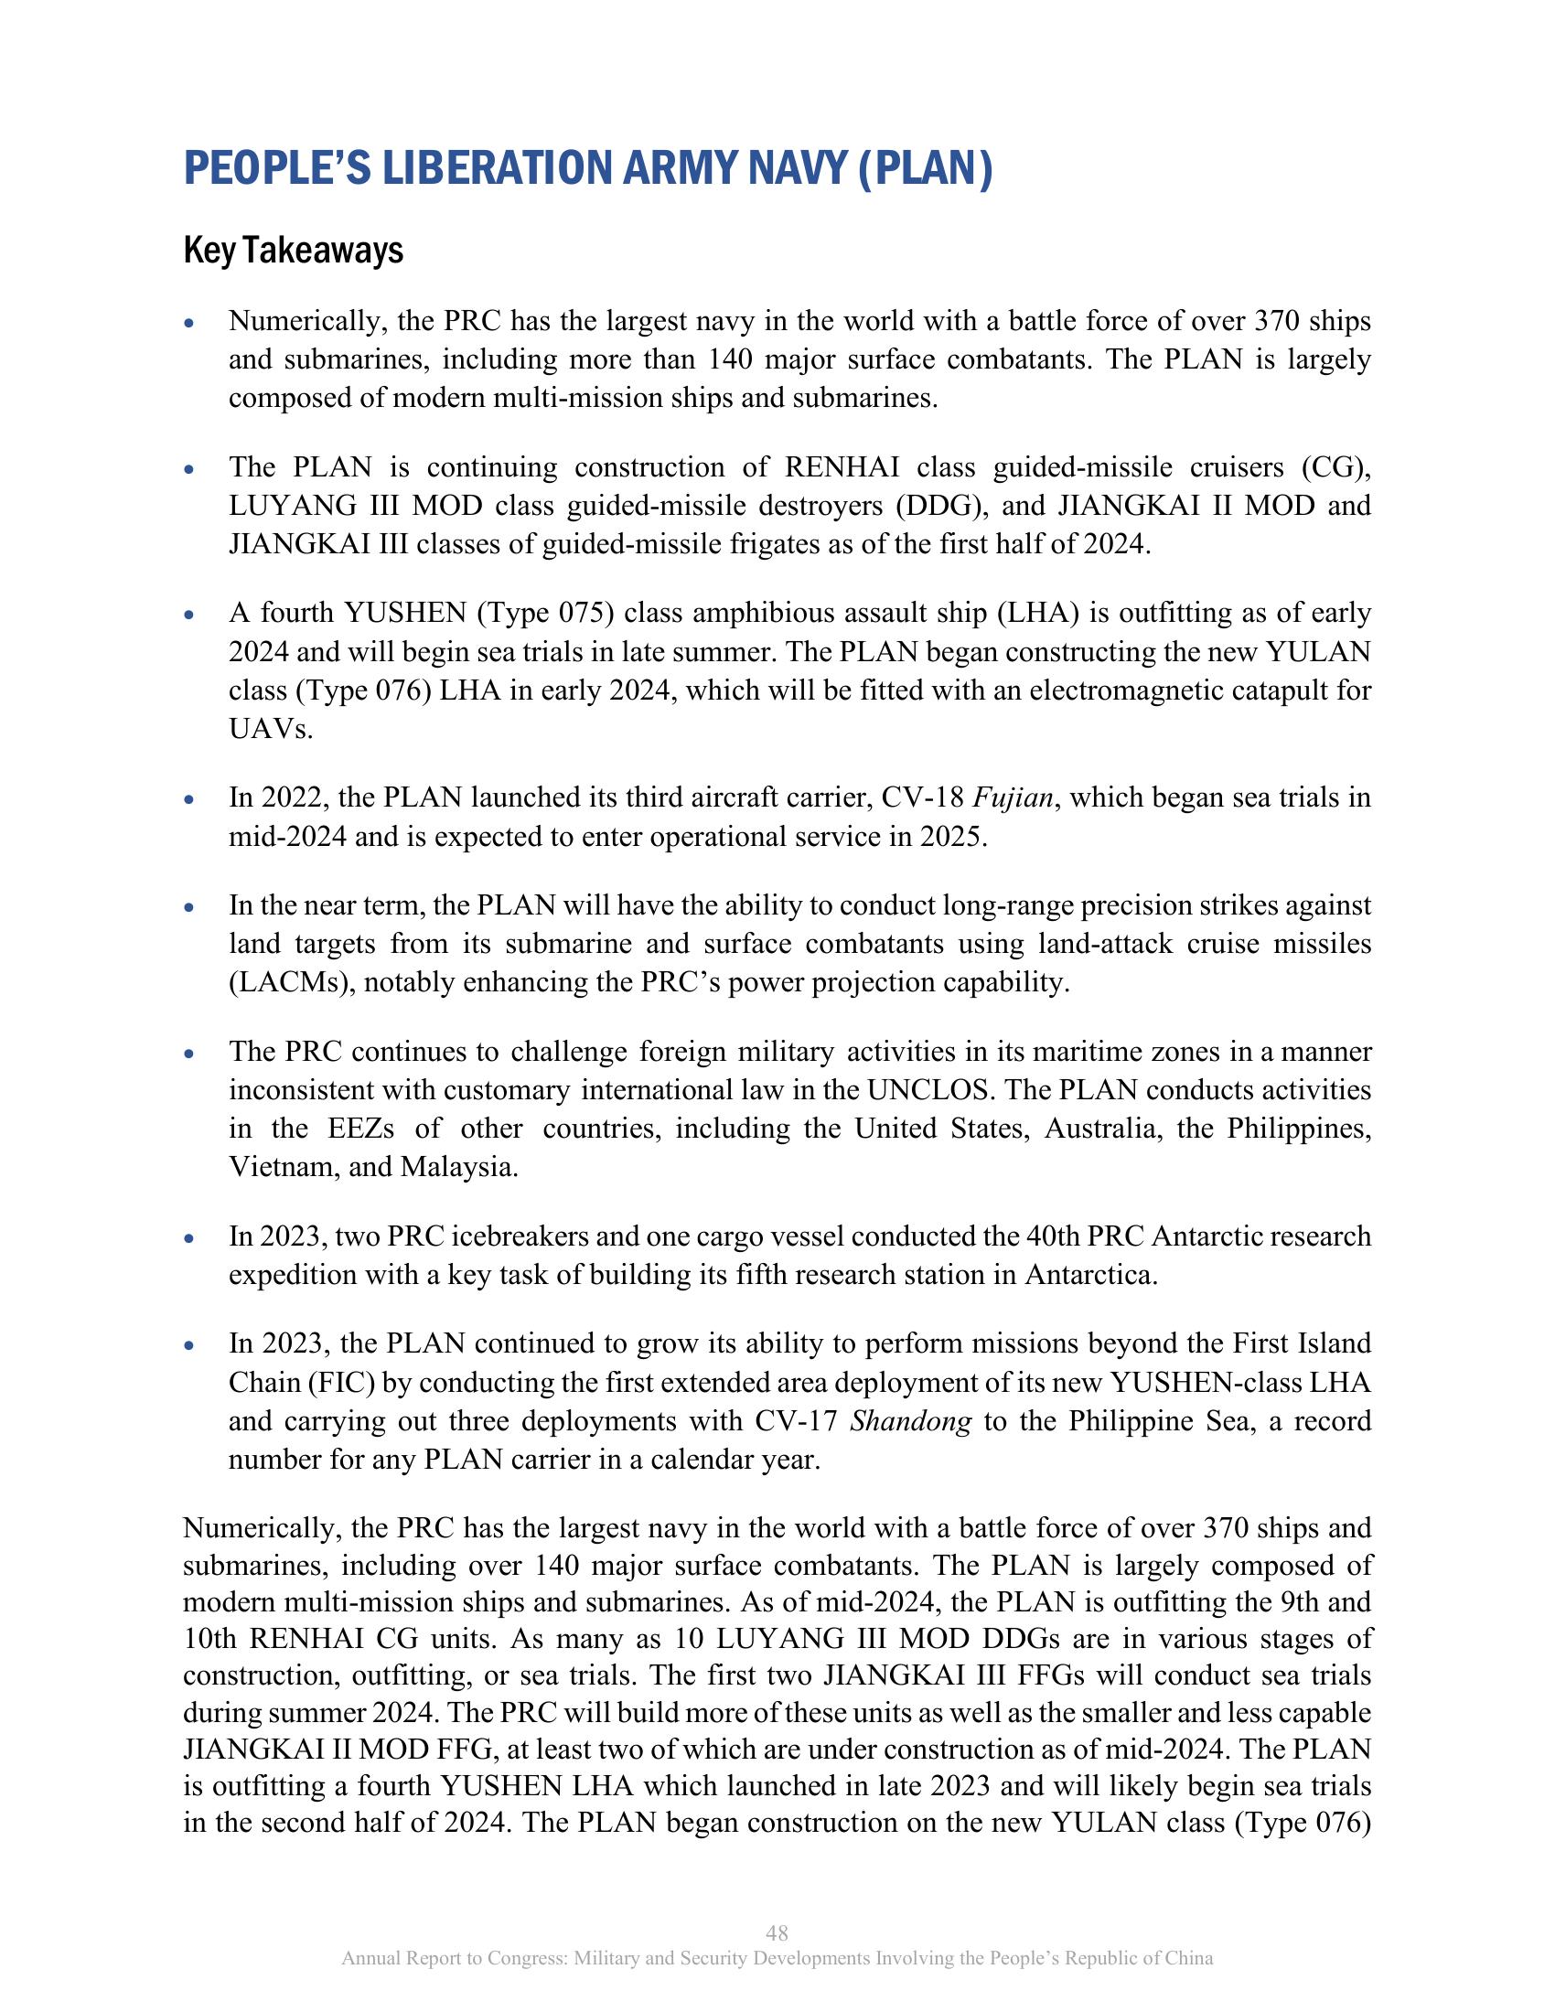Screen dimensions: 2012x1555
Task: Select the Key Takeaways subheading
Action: (293, 251)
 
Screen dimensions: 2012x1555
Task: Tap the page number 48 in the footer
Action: (777, 1932)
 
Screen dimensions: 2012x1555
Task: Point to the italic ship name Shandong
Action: (910, 1421)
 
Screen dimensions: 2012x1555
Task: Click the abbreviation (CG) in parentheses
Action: (1335, 468)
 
